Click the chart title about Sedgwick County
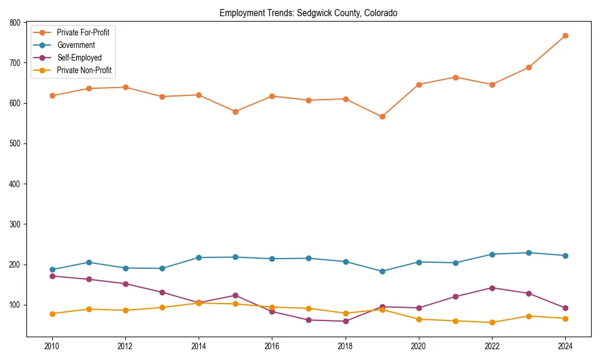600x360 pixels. (308, 13)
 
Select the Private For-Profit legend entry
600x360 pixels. (83, 32)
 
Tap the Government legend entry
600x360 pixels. (76, 45)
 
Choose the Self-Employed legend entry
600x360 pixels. (79, 58)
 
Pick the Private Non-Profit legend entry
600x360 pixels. (84, 70)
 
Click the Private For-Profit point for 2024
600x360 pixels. (565, 36)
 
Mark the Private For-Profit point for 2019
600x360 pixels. (382, 116)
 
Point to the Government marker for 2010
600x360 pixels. (52, 270)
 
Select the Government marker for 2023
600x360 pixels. (529, 253)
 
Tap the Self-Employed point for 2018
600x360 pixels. (346, 321)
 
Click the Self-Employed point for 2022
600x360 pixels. (492, 288)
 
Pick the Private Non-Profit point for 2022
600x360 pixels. (492, 322)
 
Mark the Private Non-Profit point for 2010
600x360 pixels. (52, 314)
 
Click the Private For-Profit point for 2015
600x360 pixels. (235, 112)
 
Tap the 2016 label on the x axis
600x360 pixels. (272, 346)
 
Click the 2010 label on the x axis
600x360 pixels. (52, 346)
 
